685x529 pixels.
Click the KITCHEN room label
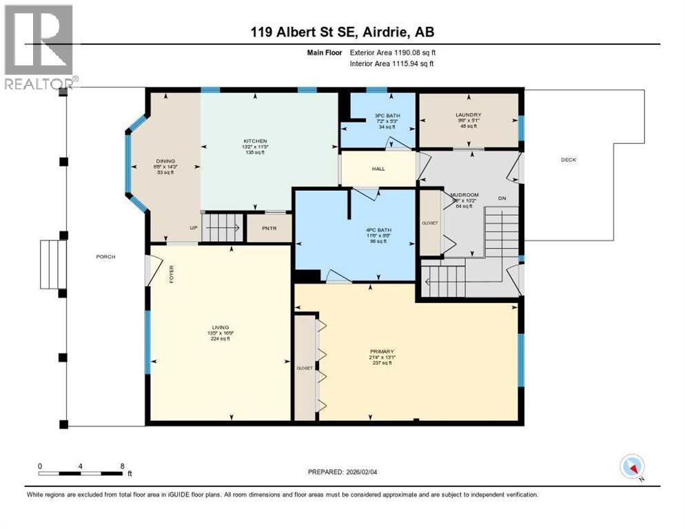click(254, 141)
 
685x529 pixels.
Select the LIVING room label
click(221, 327)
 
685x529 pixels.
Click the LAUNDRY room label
click(468, 115)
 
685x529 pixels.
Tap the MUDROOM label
click(464, 195)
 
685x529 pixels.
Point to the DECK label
click(568, 160)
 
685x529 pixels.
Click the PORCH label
click(105, 257)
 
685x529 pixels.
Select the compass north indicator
click(631, 467)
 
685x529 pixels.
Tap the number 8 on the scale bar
click(122, 466)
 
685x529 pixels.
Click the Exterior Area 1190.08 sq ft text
click(393, 52)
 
